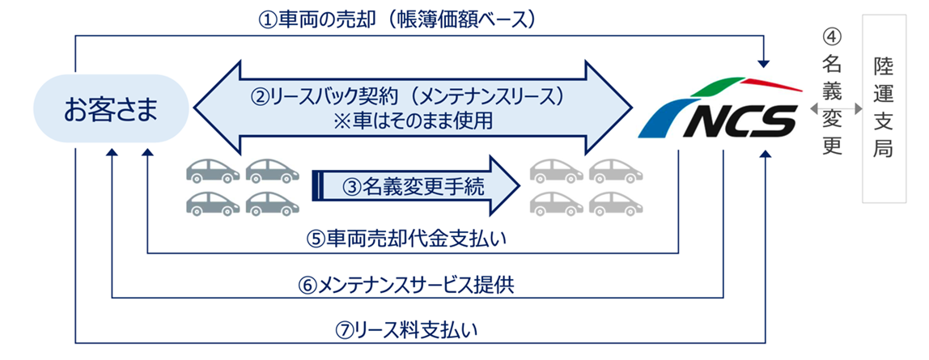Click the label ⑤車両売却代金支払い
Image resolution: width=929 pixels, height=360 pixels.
[x=412, y=239]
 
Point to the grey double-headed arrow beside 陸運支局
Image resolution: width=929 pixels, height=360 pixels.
[x=833, y=108]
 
